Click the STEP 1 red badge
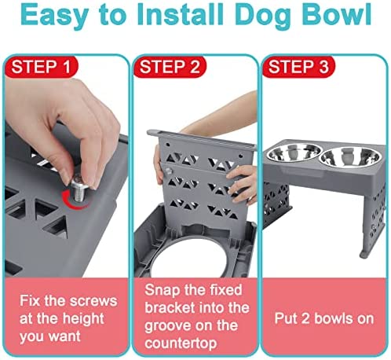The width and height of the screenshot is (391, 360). tap(41, 67)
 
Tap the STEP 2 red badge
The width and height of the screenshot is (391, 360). tap(170, 67)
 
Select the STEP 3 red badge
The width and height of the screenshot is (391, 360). tap(298, 67)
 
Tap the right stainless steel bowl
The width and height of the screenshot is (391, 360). tap(350, 156)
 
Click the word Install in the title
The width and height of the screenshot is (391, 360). tap(184, 13)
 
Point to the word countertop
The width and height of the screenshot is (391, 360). tap(181, 343)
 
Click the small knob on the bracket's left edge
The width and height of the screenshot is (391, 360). tap(168, 171)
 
